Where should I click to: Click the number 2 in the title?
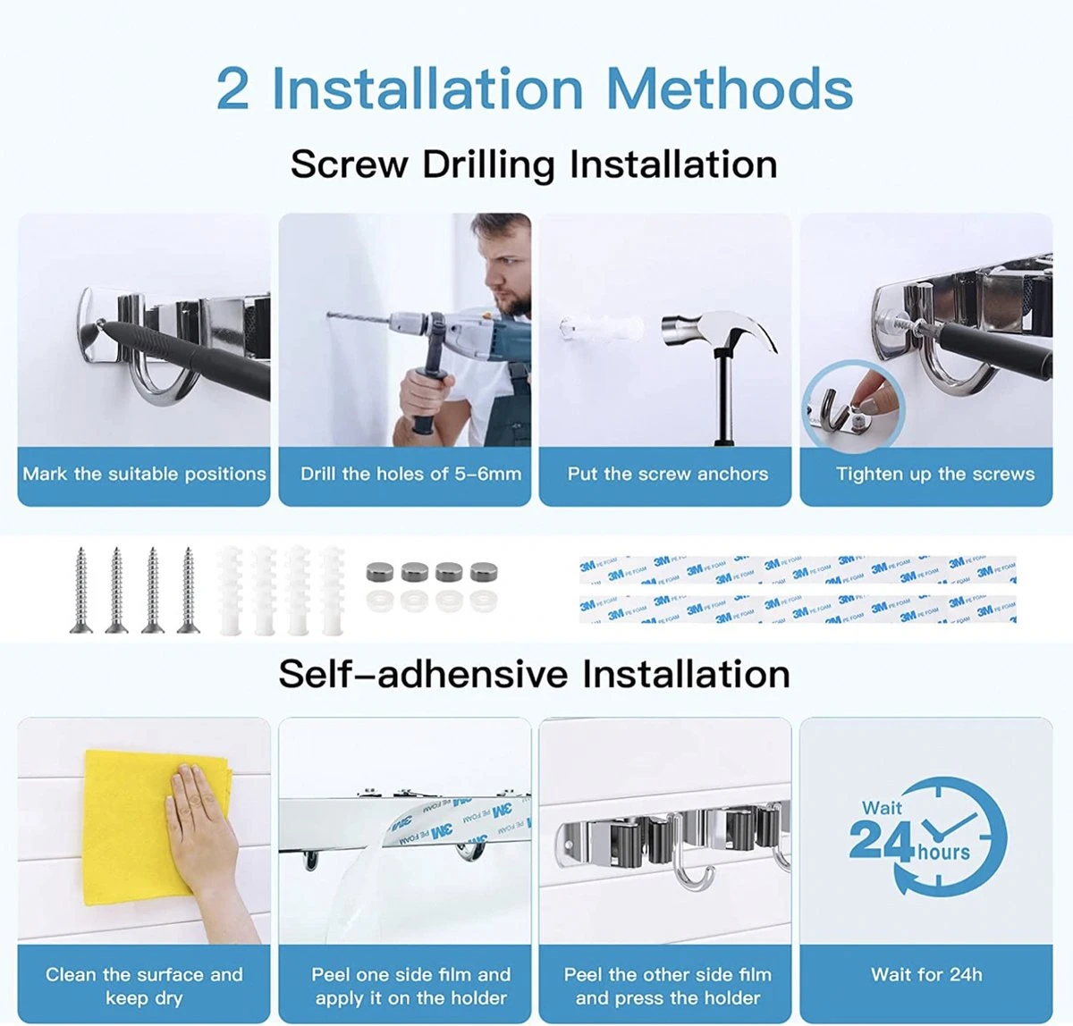(232, 88)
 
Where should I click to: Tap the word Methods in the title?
(729, 88)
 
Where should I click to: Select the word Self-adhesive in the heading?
(423, 674)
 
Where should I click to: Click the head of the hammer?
(717, 330)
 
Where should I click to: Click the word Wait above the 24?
(883, 808)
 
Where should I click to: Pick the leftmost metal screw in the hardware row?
(81, 590)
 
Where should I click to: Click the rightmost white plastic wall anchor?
(333, 590)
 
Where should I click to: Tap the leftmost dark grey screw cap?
(380, 571)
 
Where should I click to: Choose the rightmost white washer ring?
(484, 601)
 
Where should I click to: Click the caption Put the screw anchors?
(668, 474)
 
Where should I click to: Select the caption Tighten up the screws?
(935, 474)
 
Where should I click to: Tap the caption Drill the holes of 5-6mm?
(410, 474)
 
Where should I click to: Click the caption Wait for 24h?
(926, 975)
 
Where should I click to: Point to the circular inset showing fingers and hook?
(852, 407)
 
